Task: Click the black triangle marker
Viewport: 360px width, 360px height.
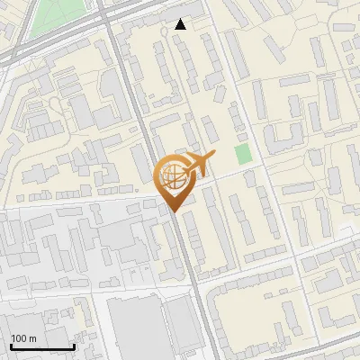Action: pyautogui.click(x=181, y=24)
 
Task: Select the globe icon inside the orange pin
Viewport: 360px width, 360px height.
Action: pyautogui.click(x=172, y=176)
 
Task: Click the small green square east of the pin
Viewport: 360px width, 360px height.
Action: pyautogui.click(x=243, y=154)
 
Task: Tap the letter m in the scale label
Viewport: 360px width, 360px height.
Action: pyautogui.click(x=32, y=338)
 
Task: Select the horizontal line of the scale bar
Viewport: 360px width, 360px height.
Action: pyautogui.click(x=42, y=346)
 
